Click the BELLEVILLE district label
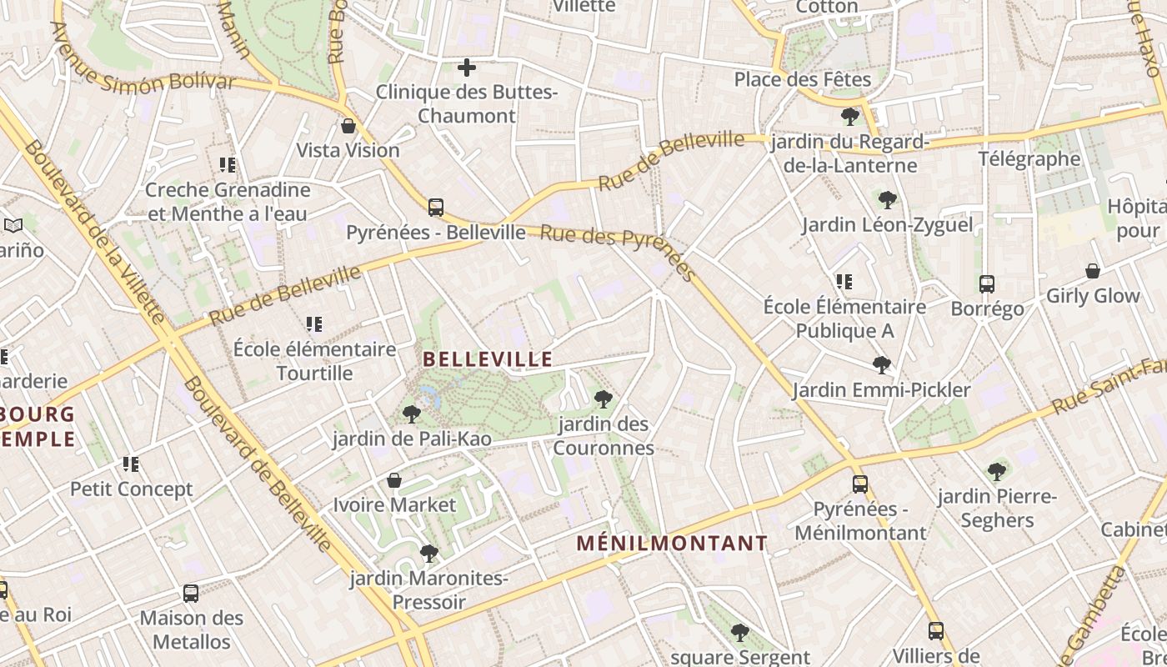pyautogui.click(x=488, y=359)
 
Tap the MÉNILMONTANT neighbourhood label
pyautogui.click(x=672, y=544)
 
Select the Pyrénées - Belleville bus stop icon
pyautogui.click(x=435, y=208)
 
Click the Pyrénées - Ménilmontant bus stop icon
pyautogui.click(x=859, y=484)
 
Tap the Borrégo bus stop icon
pyautogui.click(x=987, y=284)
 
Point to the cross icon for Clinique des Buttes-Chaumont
pyautogui.click(x=467, y=67)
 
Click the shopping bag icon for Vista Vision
pyautogui.click(x=348, y=126)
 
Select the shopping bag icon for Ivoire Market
pyautogui.click(x=394, y=480)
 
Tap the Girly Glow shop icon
pyautogui.click(x=1092, y=271)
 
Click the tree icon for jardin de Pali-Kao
pyautogui.click(x=411, y=414)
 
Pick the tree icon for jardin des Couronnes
pyautogui.click(x=604, y=399)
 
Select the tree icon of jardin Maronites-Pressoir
pyautogui.click(x=429, y=553)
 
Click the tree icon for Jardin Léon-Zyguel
pyautogui.click(x=887, y=200)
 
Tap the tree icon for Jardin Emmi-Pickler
pyautogui.click(x=881, y=365)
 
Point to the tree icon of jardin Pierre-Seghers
pyautogui.click(x=996, y=472)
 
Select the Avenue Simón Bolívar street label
pyautogui.click(x=143, y=72)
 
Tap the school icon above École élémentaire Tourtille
pyautogui.click(x=313, y=324)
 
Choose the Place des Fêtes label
pyautogui.click(x=802, y=79)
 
